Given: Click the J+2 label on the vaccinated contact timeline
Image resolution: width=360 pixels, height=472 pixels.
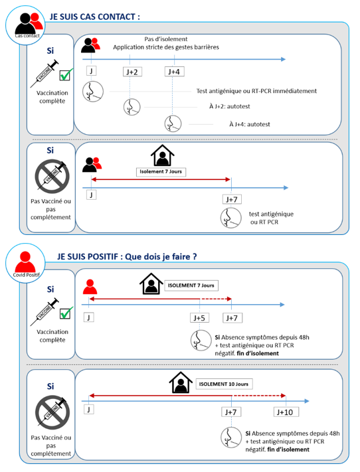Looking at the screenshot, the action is point(132,72).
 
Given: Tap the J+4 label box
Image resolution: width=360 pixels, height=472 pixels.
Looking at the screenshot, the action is point(174,72).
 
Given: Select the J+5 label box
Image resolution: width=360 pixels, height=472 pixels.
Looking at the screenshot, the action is point(199,318).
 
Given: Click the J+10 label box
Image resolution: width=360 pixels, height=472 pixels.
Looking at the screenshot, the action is point(285,412).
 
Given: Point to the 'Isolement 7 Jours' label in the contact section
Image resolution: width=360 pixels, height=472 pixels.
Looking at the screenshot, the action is point(161,171).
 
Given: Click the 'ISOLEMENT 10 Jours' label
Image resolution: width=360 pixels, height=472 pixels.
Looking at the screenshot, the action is point(224,384).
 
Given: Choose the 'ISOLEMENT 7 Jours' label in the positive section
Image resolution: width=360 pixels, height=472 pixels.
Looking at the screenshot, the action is point(191,285).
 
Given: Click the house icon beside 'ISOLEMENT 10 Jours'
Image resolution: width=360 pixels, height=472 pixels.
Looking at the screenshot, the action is point(181,382).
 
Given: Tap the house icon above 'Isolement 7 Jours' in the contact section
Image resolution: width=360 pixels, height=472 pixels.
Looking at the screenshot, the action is point(162,155).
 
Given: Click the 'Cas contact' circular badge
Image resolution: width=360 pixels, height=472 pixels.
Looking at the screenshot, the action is point(25,25).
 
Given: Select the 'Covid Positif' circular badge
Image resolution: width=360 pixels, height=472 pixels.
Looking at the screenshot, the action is point(25,263).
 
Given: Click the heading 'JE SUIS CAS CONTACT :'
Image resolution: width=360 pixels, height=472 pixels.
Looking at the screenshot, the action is point(95,17).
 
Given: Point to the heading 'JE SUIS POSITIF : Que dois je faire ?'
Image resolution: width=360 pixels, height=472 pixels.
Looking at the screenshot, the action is point(127,257).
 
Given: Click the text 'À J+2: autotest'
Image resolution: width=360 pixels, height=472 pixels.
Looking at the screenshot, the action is point(230,106).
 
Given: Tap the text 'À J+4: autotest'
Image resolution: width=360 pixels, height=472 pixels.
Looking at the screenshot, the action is point(250,124).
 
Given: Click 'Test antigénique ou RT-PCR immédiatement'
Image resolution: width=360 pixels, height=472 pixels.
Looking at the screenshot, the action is point(256,91).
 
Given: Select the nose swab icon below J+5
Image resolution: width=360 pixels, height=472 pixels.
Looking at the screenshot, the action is point(201,341).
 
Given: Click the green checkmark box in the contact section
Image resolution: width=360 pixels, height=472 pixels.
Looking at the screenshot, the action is point(66,74).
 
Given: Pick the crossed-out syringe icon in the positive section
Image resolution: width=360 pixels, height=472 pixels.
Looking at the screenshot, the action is point(52,412).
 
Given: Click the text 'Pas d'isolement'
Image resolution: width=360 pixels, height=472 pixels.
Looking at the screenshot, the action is point(165,39).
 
